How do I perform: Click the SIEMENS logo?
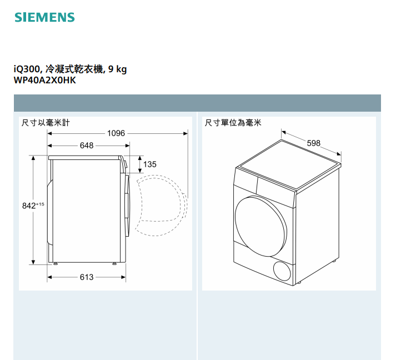pyautogui.click(x=44, y=17)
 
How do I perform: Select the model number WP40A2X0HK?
pyautogui.click(x=44, y=81)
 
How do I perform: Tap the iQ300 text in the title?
pyautogui.click(x=27, y=69)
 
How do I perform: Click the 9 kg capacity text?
pyautogui.click(x=117, y=69)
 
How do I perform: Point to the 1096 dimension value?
pyautogui.click(x=116, y=133)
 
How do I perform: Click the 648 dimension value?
pyautogui.click(x=87, y=146)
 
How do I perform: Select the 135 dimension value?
pyautogui.click(x=150, y=164)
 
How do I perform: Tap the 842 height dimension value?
pyautogui.click(x=29, y=206)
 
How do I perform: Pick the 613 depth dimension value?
pyautogui.click(x=87, y=277)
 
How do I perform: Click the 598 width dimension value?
pyautogui.click(x=313, y=143)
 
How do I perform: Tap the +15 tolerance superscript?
pyautogui.click(x=40, y=204)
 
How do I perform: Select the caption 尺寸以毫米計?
pyautogui.click(x=46, y=123)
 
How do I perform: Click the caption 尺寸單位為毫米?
pyautogui.click(x=233, y=123)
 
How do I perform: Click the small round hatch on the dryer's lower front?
pyautogui.click(x=282, y=271)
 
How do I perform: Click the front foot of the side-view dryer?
pyautogui.click(x=114, y=264)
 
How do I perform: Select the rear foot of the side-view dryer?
pyautogui.click(x=56, y=264)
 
